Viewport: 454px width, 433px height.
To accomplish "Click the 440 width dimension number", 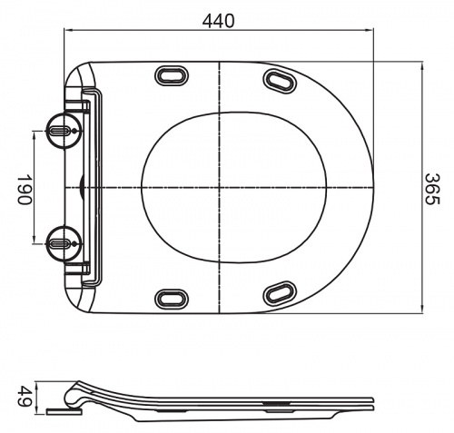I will tap(221, 18).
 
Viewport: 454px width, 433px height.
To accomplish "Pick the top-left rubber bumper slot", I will tap(170, 75).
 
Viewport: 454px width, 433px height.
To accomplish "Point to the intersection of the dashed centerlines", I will tap(221, 187).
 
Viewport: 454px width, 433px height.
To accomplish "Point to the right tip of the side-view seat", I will tap(371, 400).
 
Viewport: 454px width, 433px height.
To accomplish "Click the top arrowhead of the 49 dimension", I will tap(36, 382).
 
